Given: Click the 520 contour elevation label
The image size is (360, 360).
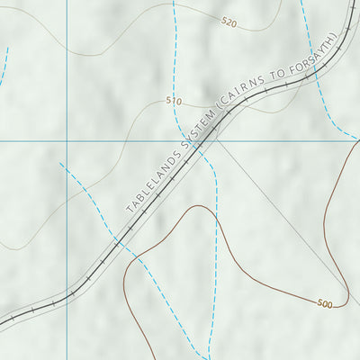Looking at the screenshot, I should (229, 23).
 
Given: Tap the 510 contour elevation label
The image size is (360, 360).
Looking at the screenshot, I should (174, 102).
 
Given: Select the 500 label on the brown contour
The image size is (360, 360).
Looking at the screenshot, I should (324, 304).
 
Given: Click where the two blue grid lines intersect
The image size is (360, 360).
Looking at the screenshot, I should (67, 141).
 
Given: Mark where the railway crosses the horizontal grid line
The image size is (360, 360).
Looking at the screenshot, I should (210, 141).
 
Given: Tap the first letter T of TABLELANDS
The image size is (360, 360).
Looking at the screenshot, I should (129, 211).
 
